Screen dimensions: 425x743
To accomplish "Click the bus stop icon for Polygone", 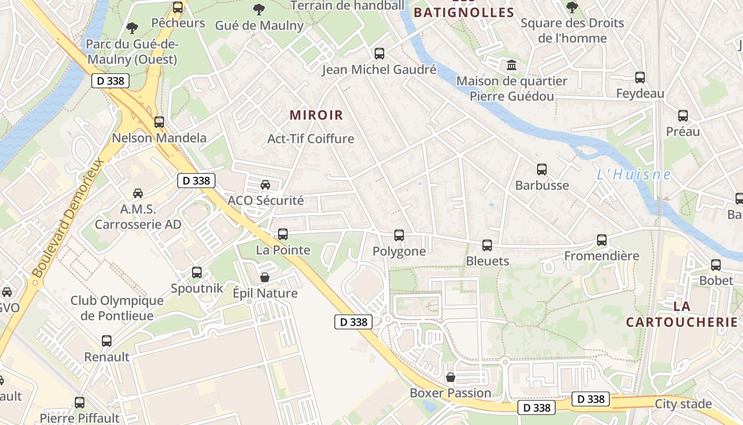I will click(x=399, y=235).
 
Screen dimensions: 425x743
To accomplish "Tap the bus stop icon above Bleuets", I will click(x=487, y=245).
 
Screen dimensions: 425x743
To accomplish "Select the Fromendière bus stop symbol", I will click(x=601, y=240).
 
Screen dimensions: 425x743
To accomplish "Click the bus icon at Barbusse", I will click(x=541, y=169).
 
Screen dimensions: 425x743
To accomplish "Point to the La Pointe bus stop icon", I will click(x=283, y=234).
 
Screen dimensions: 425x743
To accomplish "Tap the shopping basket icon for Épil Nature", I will click(x=265, y=277).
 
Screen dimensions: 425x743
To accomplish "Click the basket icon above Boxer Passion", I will click(x=451, y=377).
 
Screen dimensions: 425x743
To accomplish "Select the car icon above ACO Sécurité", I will click(x=265, y=184).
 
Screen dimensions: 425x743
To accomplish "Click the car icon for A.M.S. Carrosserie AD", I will click(x=138, y=193).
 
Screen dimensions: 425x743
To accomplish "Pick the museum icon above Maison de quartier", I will click(x=512, y=65).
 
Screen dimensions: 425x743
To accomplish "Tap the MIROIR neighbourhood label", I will click(x=316, y=115).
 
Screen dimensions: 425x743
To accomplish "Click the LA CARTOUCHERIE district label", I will click(x=682, y=314).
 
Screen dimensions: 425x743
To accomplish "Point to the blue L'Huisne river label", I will click(x=634, y=174).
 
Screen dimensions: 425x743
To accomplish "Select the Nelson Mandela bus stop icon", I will click(x=159, y=122).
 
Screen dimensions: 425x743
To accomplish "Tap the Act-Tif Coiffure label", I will click(x=310, y=139).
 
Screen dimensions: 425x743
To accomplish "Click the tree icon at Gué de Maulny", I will click(x=259, y=9).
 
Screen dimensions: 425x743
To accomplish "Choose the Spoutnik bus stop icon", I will click(x=197, y=272).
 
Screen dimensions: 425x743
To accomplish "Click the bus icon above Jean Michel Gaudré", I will click(x=379, y=53).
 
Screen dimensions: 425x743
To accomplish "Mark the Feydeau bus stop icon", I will click(x=640, y=78).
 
